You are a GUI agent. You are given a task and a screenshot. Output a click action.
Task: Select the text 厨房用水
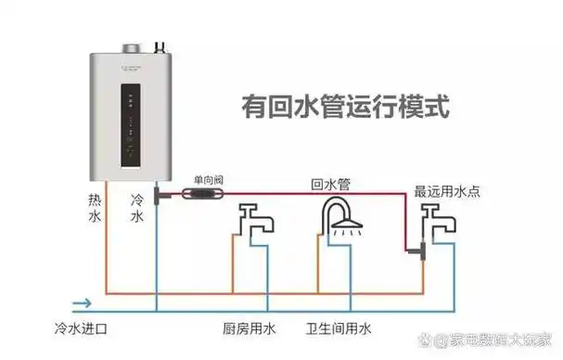(x=250, y=328)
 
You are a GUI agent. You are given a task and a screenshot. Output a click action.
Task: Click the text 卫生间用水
(x=339, y=328)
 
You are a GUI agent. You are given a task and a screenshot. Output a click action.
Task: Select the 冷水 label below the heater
(x=136, y=209)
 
